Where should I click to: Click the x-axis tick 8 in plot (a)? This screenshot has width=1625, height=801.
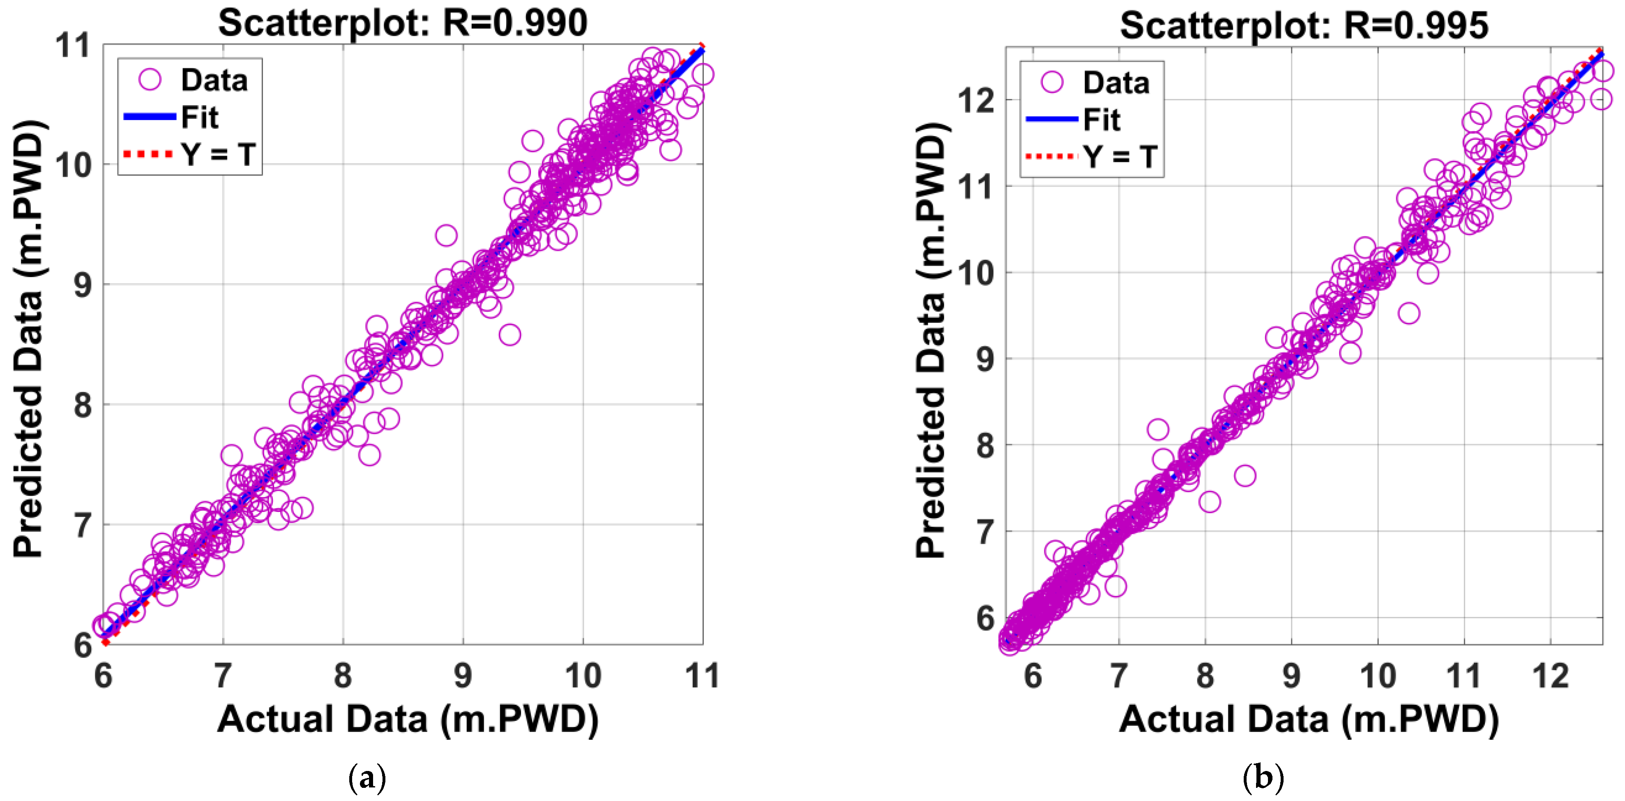point(343,676)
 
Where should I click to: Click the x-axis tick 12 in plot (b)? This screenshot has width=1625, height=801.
point(1550,676)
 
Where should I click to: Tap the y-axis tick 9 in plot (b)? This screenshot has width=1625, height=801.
point(985,359)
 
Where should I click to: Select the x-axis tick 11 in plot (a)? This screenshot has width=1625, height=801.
point(702,676)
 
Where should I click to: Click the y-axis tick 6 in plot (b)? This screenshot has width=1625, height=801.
point(985,618)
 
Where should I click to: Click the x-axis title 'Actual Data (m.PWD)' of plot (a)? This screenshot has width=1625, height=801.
point(408,719)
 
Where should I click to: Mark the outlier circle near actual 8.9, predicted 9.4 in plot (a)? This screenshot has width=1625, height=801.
point(446,236)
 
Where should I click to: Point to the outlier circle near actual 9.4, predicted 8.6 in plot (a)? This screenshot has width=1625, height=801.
point(509,335)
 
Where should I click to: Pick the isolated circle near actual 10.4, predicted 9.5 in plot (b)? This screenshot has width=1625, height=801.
point(1408,313)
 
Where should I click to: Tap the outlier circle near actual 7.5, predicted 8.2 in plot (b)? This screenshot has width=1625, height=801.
point(1157,430)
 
